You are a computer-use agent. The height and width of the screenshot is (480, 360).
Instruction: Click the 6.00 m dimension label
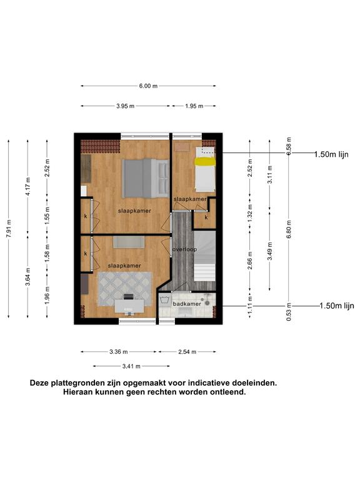(x=148, y=86)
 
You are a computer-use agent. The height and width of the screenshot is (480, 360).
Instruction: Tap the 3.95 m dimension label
(x=125, y=106)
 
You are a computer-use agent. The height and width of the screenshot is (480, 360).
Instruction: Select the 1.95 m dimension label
(x=194, y=106)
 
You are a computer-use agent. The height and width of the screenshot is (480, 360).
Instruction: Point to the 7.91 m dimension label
(x=9, y=228)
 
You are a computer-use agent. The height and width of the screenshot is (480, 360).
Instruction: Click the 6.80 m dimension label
(x=289, y=229)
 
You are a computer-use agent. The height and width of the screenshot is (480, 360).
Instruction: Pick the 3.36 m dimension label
(x=119, y=352)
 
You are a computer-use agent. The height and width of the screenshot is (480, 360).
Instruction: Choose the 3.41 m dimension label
(x=131, y=366)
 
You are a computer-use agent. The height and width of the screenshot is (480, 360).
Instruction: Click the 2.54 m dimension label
(x=187, y=352)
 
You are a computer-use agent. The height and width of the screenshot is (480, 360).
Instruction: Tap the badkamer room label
(x=187, y=304)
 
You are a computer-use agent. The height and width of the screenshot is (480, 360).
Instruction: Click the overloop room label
(x=184, y=249)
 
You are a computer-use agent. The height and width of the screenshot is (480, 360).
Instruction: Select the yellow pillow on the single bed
(x=205, y=162)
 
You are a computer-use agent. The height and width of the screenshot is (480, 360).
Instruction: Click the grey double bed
(x=146, y=178)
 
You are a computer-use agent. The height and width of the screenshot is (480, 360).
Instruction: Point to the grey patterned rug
(x=124, y=289)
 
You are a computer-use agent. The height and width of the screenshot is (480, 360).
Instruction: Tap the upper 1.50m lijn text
(x=331, y=154)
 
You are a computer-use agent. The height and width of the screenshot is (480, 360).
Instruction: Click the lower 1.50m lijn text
(x=337, y=306)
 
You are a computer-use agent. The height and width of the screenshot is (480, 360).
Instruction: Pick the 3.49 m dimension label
(x=269, y=251)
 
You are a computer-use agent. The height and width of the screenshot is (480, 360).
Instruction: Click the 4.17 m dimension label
(x=28, y=186)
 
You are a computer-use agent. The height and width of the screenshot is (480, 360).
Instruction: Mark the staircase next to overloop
(x=205, y=256)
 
